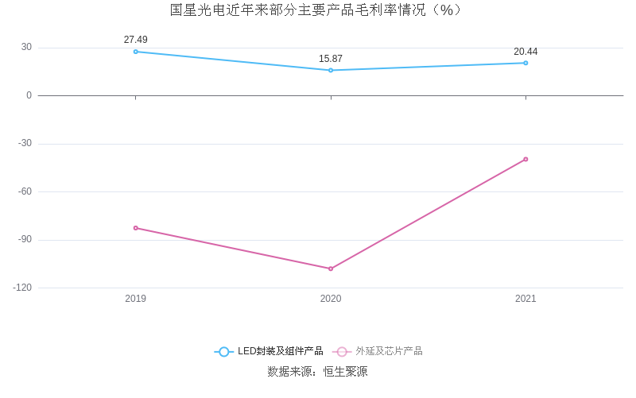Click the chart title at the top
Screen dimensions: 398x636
pos(317,10)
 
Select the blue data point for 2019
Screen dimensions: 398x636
pos(136,52)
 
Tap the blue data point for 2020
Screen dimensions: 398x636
pos(331,70)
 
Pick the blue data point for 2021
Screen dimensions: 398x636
pos(525,63)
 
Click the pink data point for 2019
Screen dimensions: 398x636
pos(136,228)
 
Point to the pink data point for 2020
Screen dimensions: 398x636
pos(331,269)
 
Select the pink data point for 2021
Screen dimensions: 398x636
pos(525,159)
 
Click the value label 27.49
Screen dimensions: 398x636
pos(136,40)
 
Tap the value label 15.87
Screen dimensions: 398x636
pos(331,59)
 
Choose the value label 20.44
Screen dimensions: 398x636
pos(525,52)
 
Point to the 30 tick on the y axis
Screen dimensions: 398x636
pos(26,47)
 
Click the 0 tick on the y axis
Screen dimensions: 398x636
pos(29,95)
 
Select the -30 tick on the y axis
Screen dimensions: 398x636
pos(24,144)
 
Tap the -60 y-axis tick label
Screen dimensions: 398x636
pos(24,191)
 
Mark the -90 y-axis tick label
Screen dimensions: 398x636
pos(24,240)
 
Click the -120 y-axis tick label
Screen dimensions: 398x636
pos(22,288)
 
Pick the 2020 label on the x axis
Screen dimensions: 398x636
pos(331,299)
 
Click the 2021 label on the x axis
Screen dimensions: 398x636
pos(525,299)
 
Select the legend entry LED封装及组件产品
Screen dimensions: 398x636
pos(270,351)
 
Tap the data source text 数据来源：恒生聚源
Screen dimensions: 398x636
pos(317,371)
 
